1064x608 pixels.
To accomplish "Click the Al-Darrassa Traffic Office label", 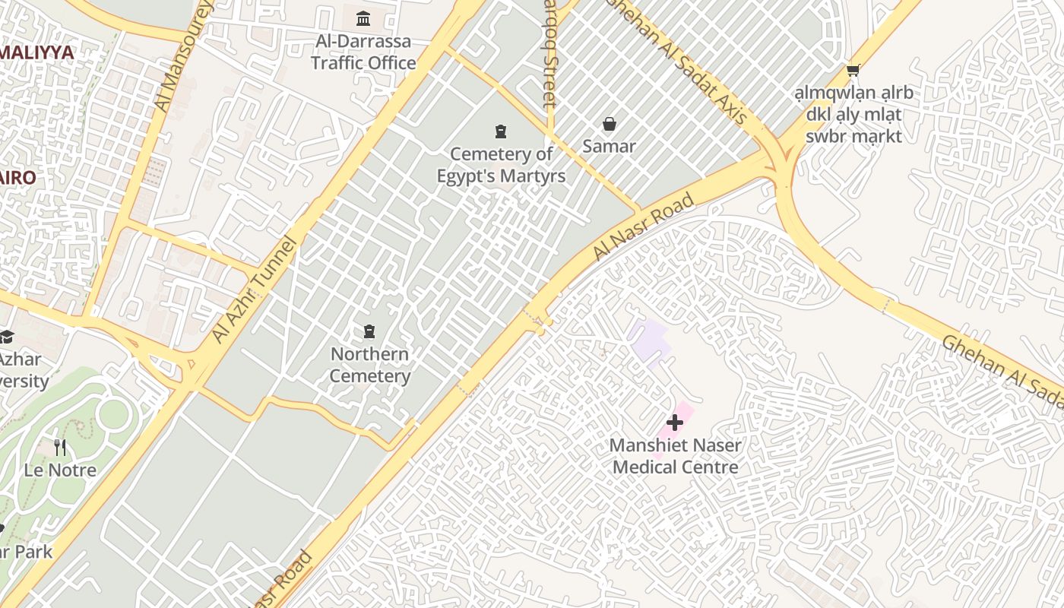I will coord(363,52).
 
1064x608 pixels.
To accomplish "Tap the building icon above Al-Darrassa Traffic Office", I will coord(363,18).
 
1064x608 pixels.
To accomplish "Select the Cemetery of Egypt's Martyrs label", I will coord(501,165).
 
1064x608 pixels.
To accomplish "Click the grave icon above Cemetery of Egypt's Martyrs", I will coord(500,131).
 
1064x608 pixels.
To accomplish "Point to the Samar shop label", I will coord(609,146).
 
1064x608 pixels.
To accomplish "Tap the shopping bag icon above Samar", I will coord(609,123).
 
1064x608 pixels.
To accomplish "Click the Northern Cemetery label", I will coord(370,365).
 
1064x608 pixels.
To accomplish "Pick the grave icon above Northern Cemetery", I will coord(369,331).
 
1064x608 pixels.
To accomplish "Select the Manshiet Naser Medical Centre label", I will coord(676,456).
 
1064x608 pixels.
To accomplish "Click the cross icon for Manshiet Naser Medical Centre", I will coord(674,423).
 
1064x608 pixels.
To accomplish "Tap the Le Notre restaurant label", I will coord(60,470).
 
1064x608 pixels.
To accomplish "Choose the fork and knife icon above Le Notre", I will coord(60,447).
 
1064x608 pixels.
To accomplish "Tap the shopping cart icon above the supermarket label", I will coord(853,71).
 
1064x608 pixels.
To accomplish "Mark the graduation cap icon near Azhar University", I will coord(6,337).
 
